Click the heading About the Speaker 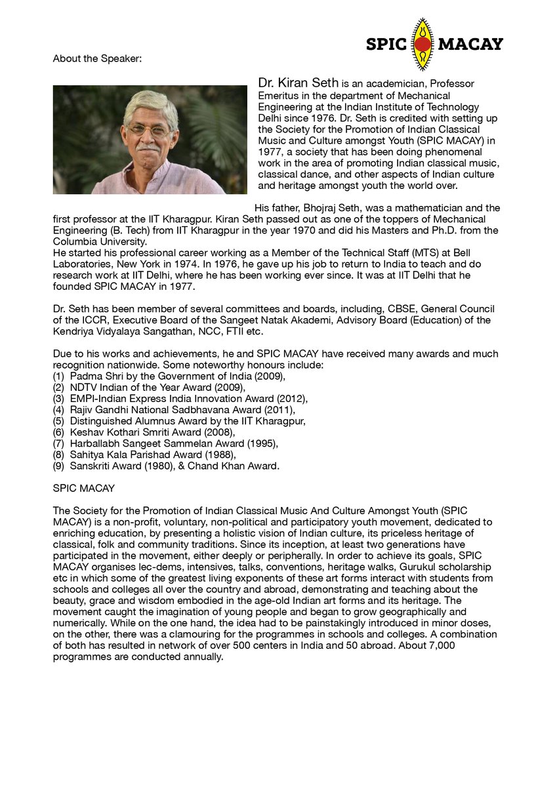[98, 59]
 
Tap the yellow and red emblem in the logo [424, 44]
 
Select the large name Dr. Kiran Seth [298, 83]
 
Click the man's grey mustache [148, 147]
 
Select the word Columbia [74, 241]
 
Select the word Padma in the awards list [84, 376]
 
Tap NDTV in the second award [83, 388]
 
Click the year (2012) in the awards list [291, 399]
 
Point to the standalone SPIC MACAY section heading [84, 489]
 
